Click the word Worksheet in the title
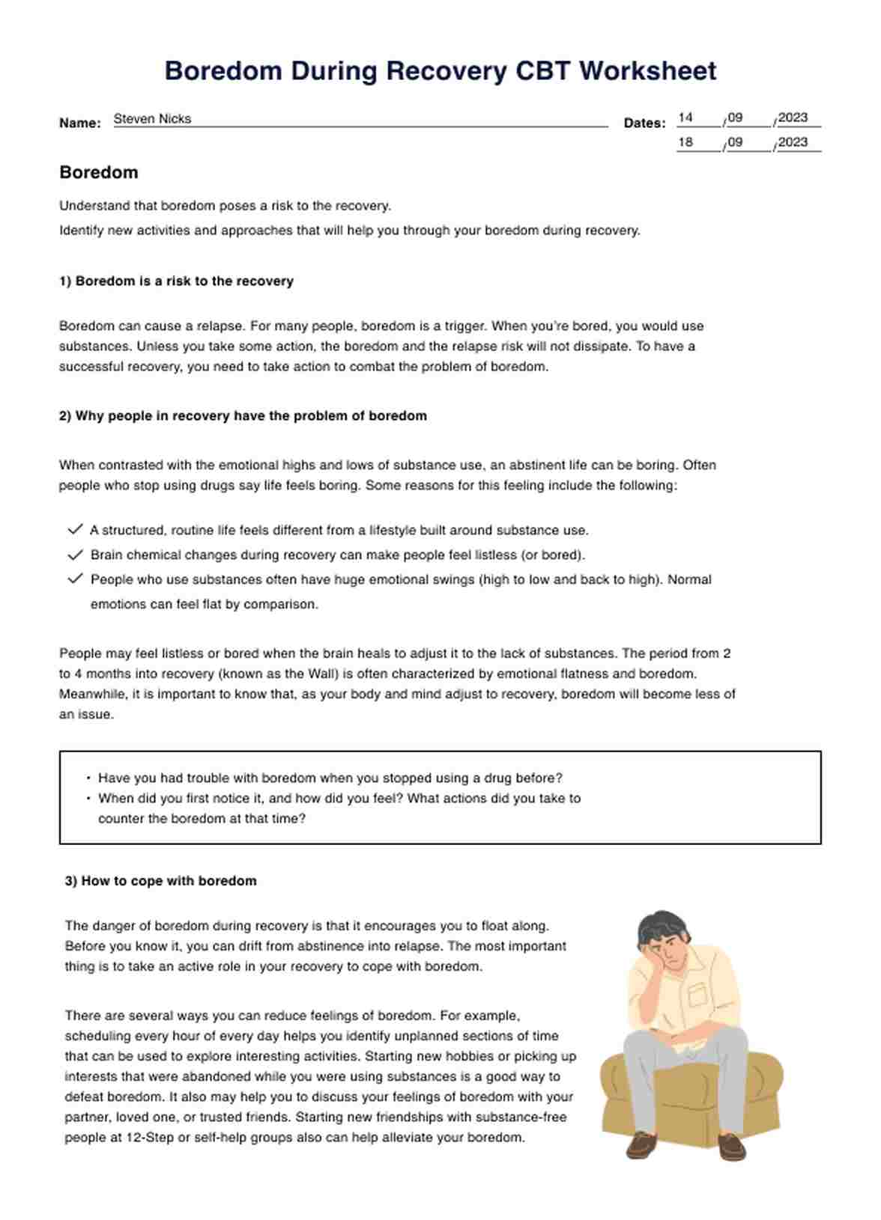(x=648, y=71)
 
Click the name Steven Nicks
(x=152, y=119)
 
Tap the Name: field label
(x=80, y=123)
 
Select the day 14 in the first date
(x=685, y=118)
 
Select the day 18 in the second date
(x=685, y=142)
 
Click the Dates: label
(x=644, y=123)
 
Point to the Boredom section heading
(x=99, y=172)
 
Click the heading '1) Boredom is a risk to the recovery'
(x=176, y=281)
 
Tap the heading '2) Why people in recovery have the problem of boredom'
(x=243, y=416)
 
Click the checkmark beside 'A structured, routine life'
(x=75, y=529)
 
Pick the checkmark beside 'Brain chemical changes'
(x=75, y=555)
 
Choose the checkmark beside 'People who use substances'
(x=75, y=579)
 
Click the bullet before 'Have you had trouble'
(x=88, y=778)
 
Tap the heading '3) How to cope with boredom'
(x=160, y=881)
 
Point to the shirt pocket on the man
(x=698, y=995)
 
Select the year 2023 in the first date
(x=793, y=118)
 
